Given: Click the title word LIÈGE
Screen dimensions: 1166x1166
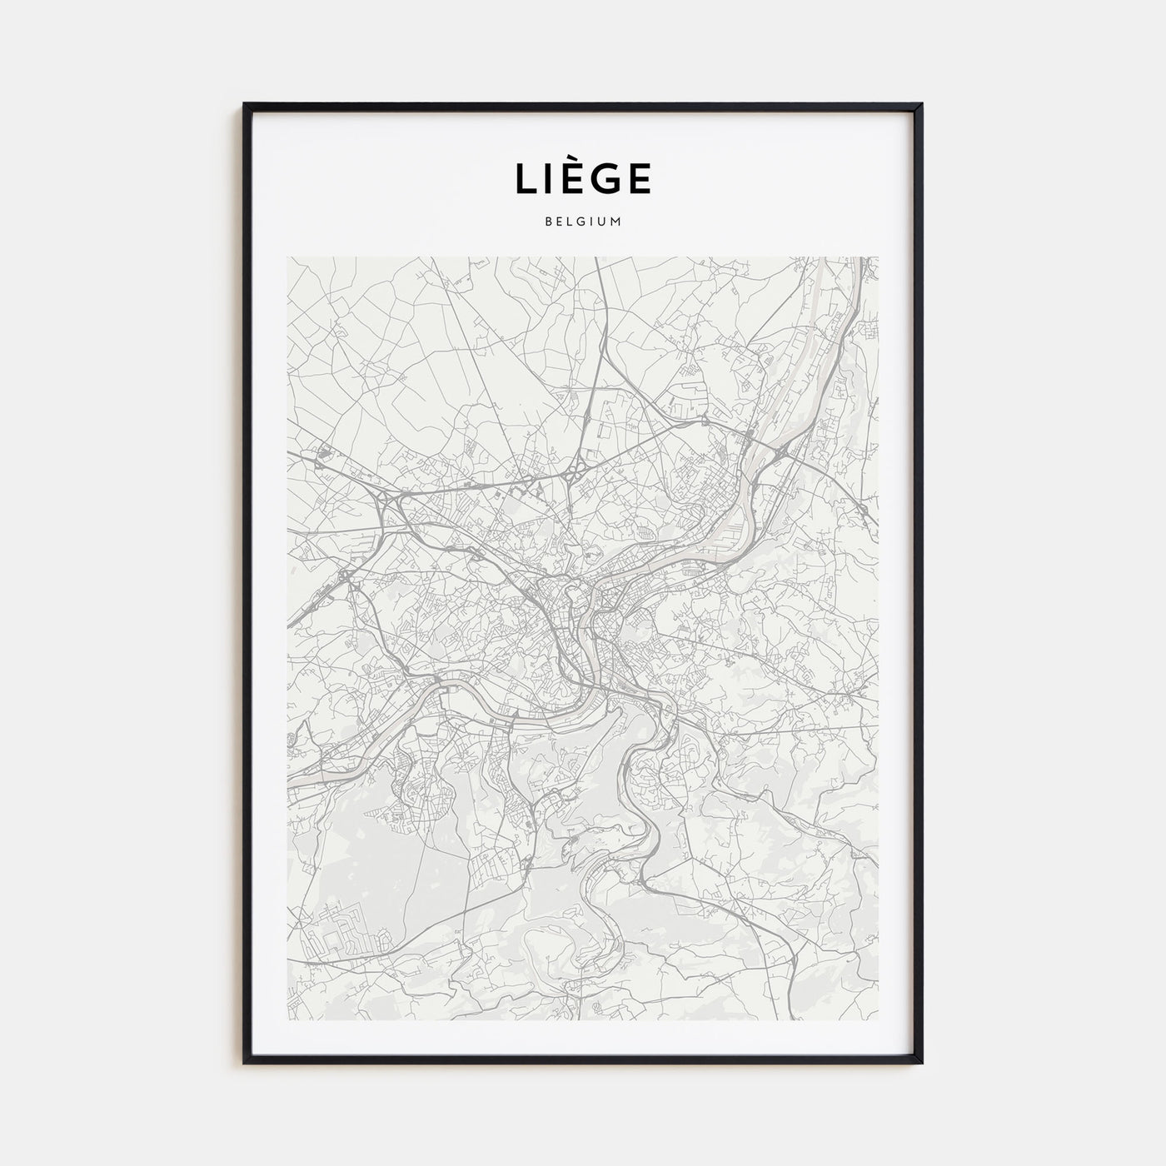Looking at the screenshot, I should pyautogui.click(x=582, y=177).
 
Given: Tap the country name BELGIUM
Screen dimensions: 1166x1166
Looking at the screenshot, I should pyautogui.click(x=582, y=222).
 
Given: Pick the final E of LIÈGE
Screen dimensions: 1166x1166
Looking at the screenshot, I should pyautogui.click(x=640, y=179).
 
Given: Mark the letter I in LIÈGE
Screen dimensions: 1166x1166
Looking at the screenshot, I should pyautogui.click(x=548, y=179).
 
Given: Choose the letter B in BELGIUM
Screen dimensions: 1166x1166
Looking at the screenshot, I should pyautogui.click(x=547, y=222).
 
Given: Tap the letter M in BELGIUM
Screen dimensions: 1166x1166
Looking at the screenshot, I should pyautogui.click(x=616, y=222).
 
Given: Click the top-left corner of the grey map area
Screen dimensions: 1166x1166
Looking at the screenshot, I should pyautogui.click(x=287, y=257).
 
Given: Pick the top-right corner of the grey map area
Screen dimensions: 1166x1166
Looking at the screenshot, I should pyautogui.click(x=879, y=257).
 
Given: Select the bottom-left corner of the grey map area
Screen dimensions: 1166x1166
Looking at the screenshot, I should pyautogui.click(x=287, y=1019).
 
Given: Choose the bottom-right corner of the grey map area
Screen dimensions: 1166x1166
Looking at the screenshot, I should pyautogui.click(x=879, y=1019).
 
